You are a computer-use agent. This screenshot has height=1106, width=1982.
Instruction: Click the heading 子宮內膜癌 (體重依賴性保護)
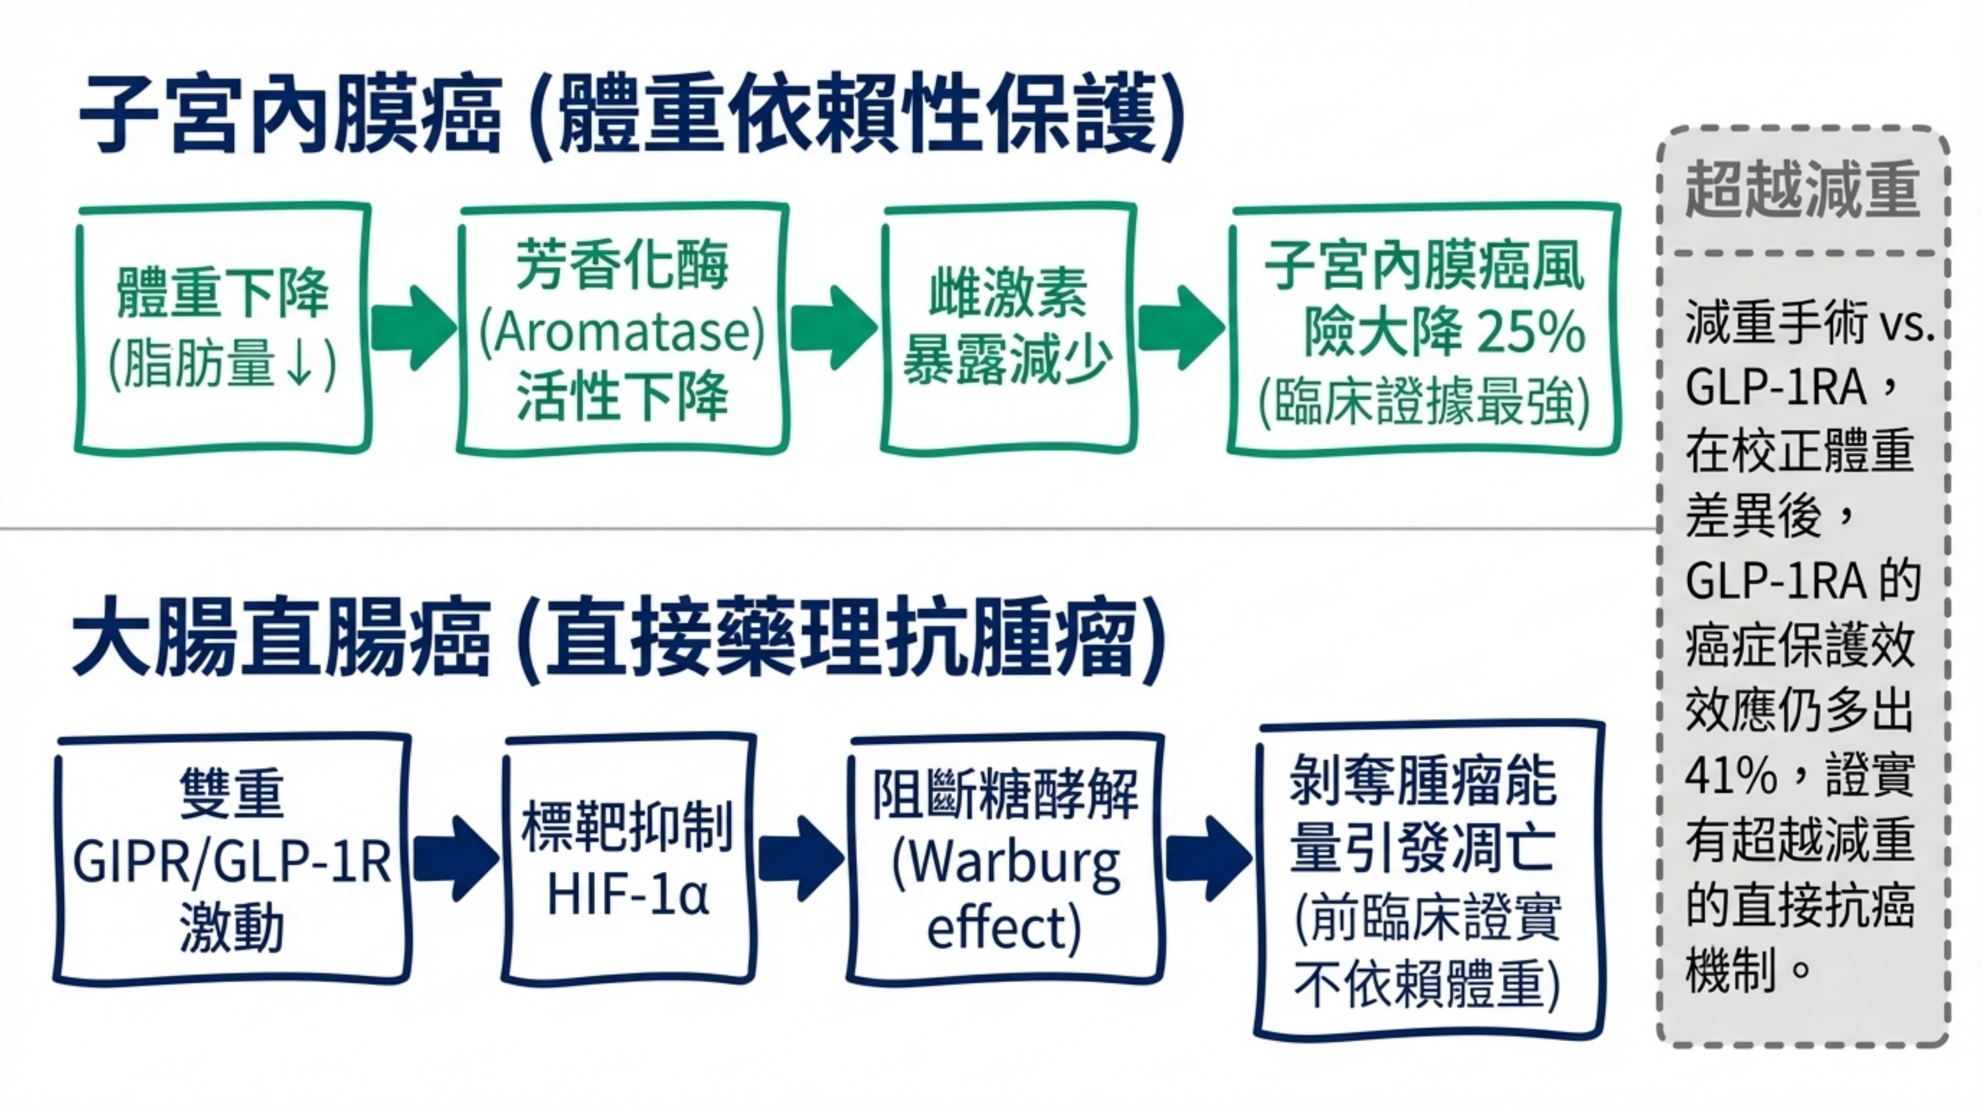pyautogui.click(x=631, y=116)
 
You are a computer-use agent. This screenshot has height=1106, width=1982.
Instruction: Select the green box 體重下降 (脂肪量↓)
pyautogui.click(x=222, y=329)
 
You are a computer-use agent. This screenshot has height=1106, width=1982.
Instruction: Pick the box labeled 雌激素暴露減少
pyautogui.click(x=1008, y=329)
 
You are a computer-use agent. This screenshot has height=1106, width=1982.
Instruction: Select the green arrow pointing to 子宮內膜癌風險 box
pyautogui.click(x=1181, y=328)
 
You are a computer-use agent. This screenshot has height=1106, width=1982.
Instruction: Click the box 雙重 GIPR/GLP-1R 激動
pyautogui.click(x=232, y=859)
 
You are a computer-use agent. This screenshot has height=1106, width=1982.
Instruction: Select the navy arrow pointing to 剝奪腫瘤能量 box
pyautogui.click(x=1208, y=858)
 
